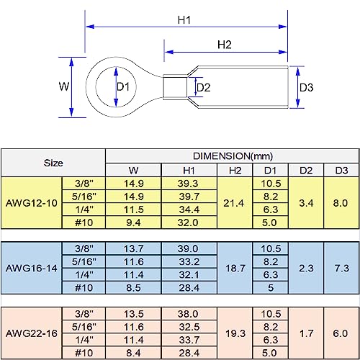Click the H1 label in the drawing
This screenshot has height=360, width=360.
tap(184, 20)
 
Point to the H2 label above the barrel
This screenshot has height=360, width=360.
tap(225, 45)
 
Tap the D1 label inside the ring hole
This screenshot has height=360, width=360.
tap(123, 86)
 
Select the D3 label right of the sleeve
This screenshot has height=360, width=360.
tap(307, 88)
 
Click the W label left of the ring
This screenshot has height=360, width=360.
tap(64, 86)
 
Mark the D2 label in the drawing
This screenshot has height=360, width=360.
tap(204, 88)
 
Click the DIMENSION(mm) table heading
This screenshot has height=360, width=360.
tap(233, 156)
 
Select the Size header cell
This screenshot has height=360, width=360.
tap(53, 163)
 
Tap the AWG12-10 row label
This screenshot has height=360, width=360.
tap(32, 203)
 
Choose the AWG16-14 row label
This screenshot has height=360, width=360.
tap(32, 269)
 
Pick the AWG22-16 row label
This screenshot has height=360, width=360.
tap(32, 333)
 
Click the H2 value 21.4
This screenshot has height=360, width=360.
tap(233, 203)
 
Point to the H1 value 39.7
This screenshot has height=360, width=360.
tap(189, 197)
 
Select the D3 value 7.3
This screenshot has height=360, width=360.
tap(342, 269)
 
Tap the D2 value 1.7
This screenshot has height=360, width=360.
tap(307, 333)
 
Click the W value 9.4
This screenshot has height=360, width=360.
tap(133, 222)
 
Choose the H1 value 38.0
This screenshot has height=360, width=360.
tap(188, 314)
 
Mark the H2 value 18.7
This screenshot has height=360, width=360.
tap(235, 269)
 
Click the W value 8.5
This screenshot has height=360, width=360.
tap(133, 288)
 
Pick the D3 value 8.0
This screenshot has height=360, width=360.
tap(341, 203)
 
